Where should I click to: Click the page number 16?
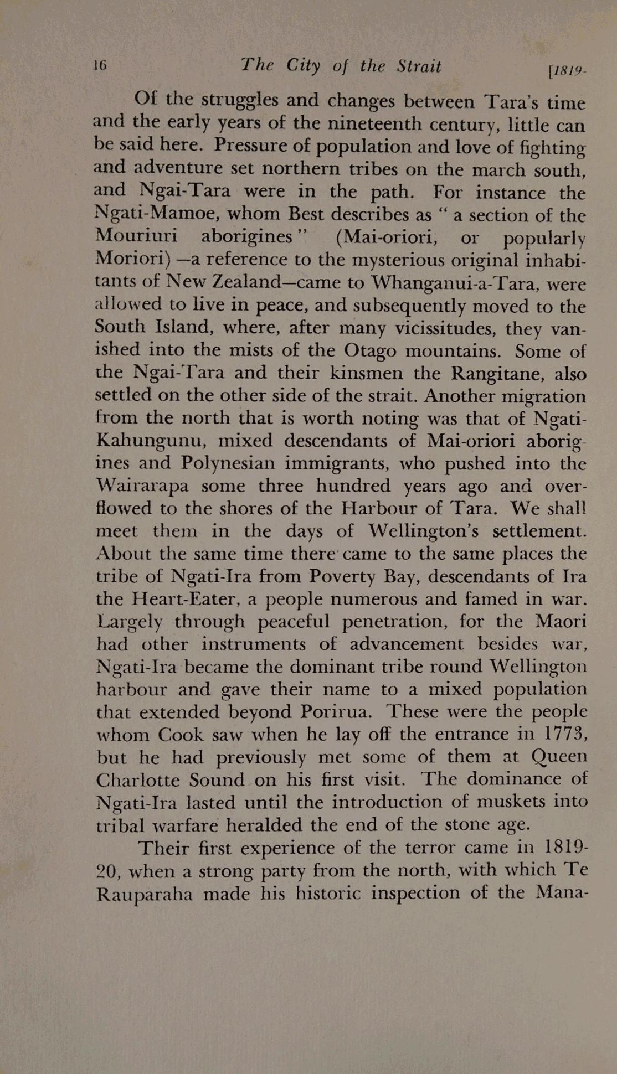click(x=100, y=65)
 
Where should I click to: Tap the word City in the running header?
click(x=303, y=66)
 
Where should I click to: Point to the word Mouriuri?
click(x=136, y=235)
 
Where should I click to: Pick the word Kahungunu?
click(x=151, y=441)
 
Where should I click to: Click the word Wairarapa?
click(x=142, y=486)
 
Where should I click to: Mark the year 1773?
click(x=563, y=734)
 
